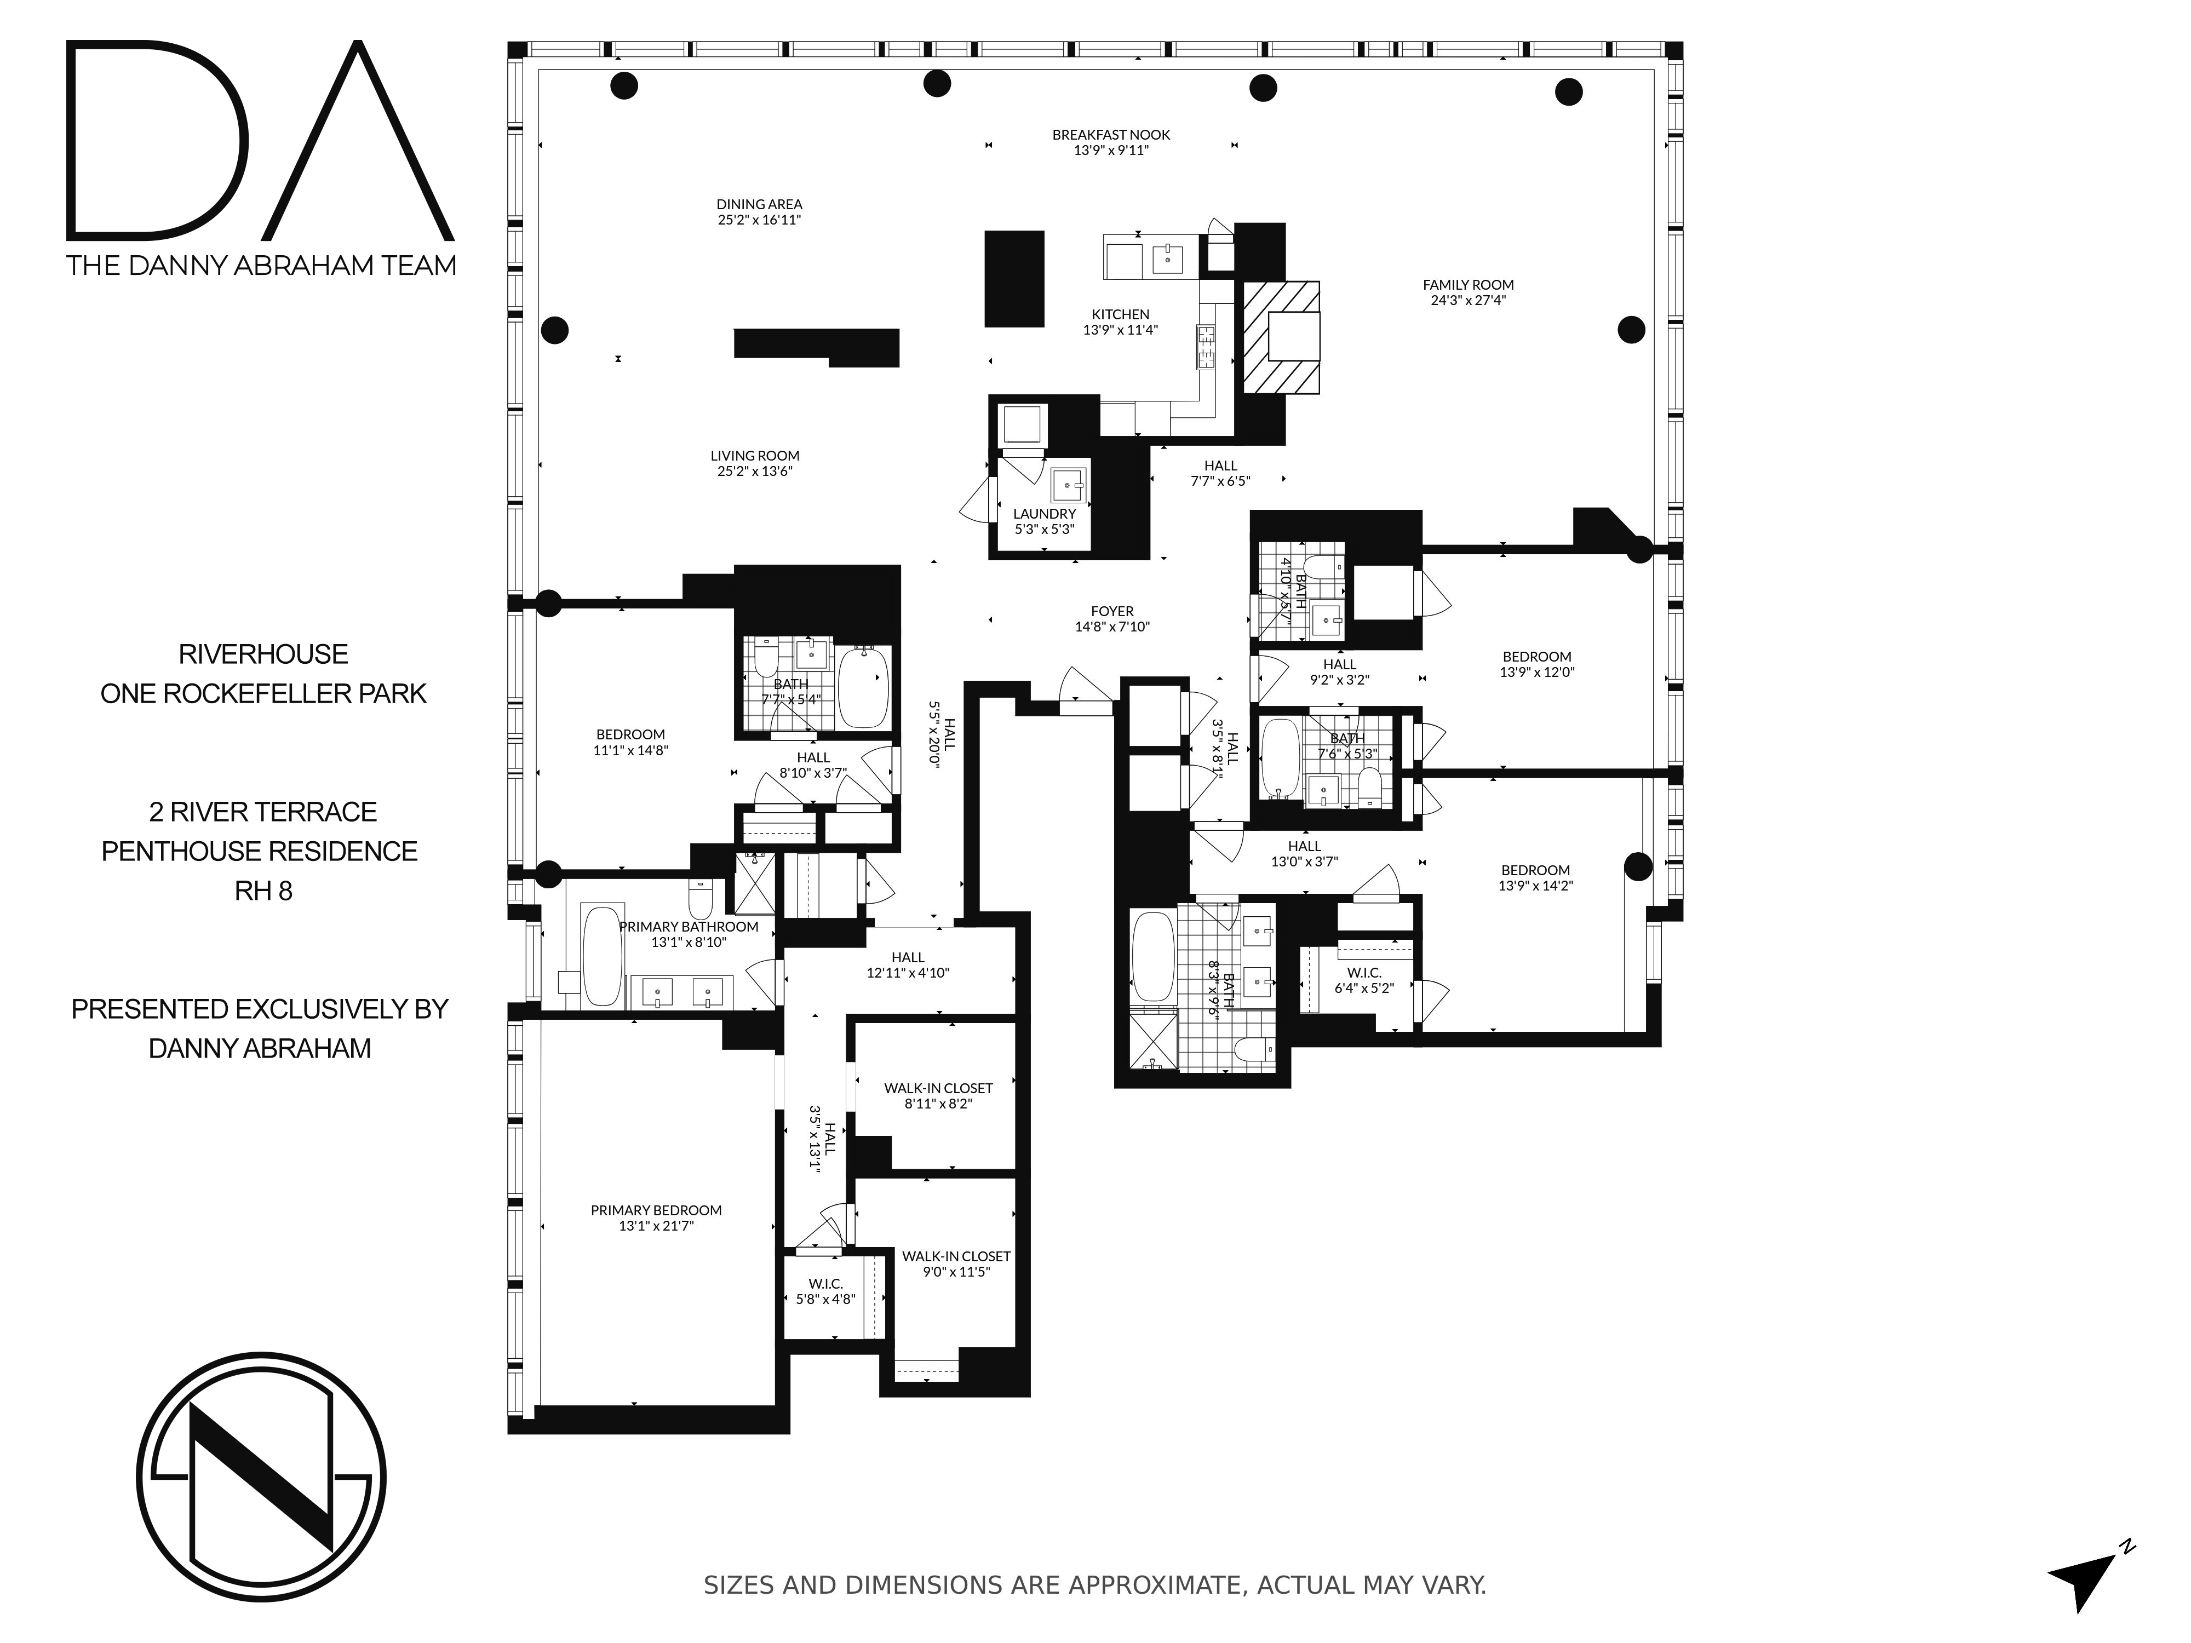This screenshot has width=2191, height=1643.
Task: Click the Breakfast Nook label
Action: (1110, 135)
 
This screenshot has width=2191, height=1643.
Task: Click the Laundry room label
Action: (1044, 514)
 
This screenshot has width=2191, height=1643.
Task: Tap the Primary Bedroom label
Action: (656, 1210)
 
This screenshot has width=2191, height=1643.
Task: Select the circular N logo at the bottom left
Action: (261, 1479)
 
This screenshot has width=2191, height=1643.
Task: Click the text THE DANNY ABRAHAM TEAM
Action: (261, 266)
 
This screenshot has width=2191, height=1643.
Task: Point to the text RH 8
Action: (263, 891)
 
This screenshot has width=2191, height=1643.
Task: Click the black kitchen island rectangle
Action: (1013, 278)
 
